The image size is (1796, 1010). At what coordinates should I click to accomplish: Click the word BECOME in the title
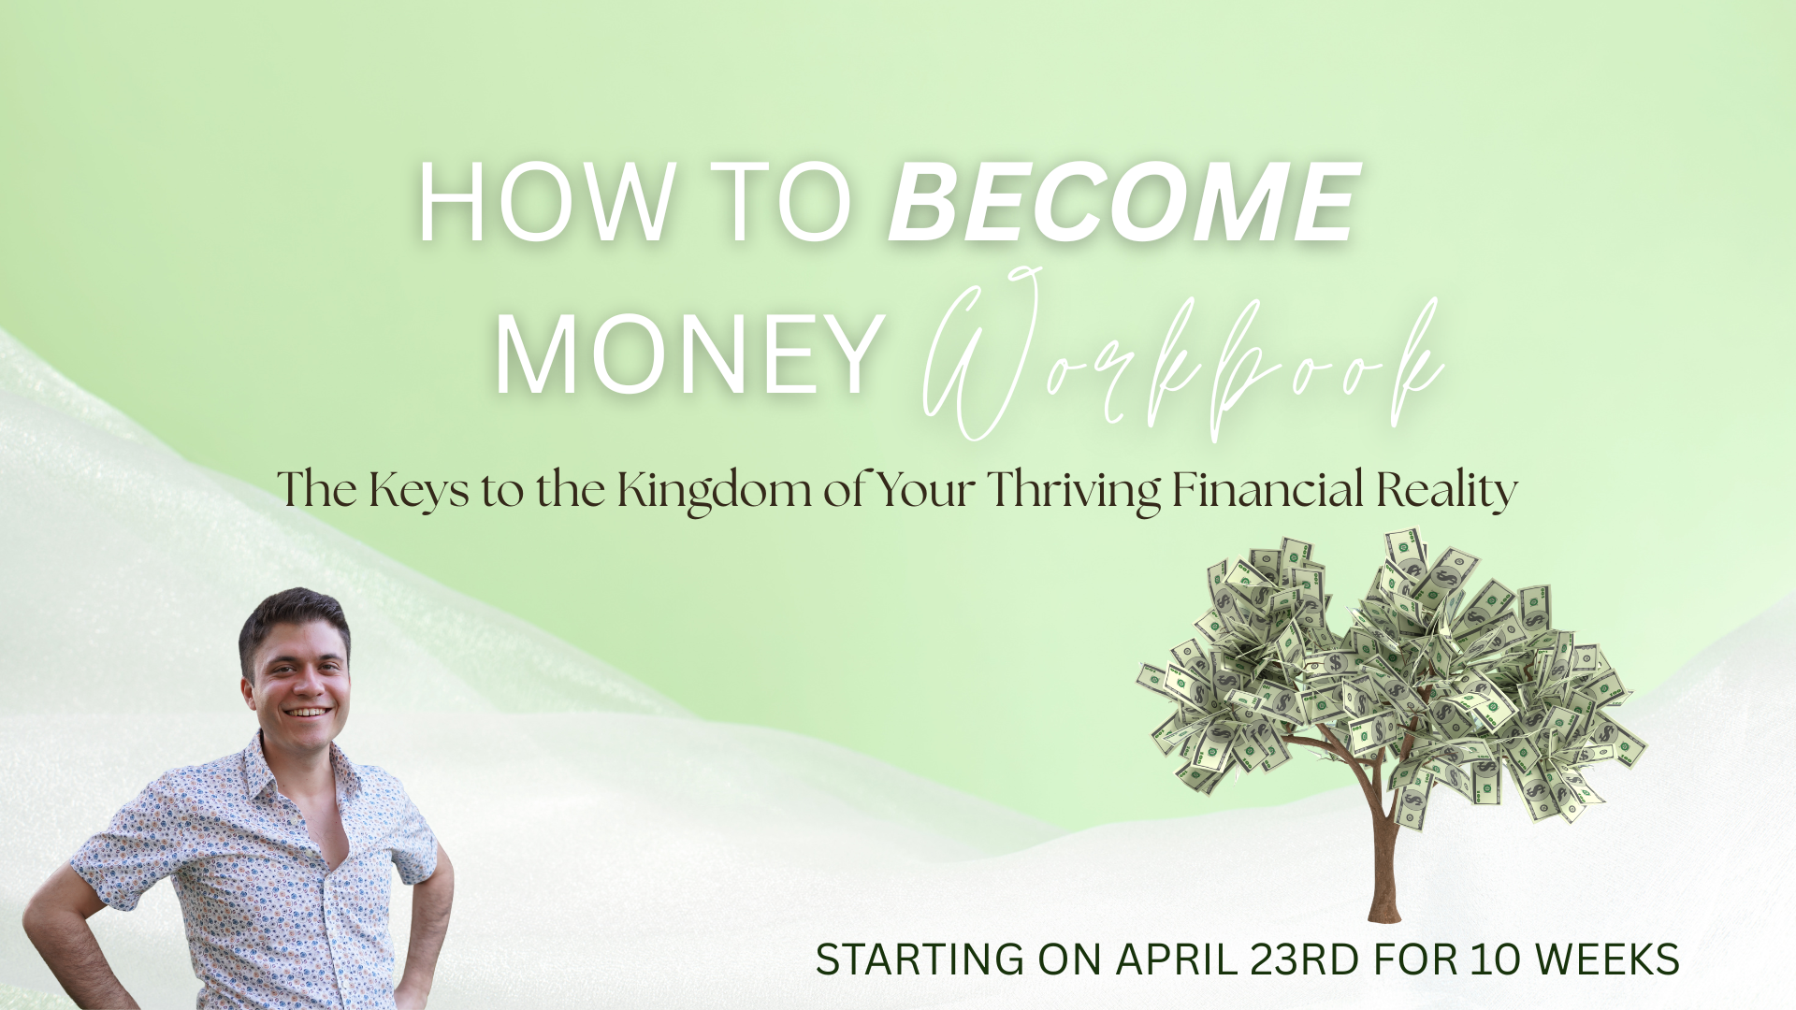[1123, 202]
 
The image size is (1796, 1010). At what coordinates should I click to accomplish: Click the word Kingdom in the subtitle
[715, 490]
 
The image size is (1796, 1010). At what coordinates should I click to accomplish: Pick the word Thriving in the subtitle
[1074, 490]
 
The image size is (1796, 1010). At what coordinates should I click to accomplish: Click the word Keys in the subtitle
[418, 490]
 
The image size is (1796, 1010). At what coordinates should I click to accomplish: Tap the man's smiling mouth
[308, 713]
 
